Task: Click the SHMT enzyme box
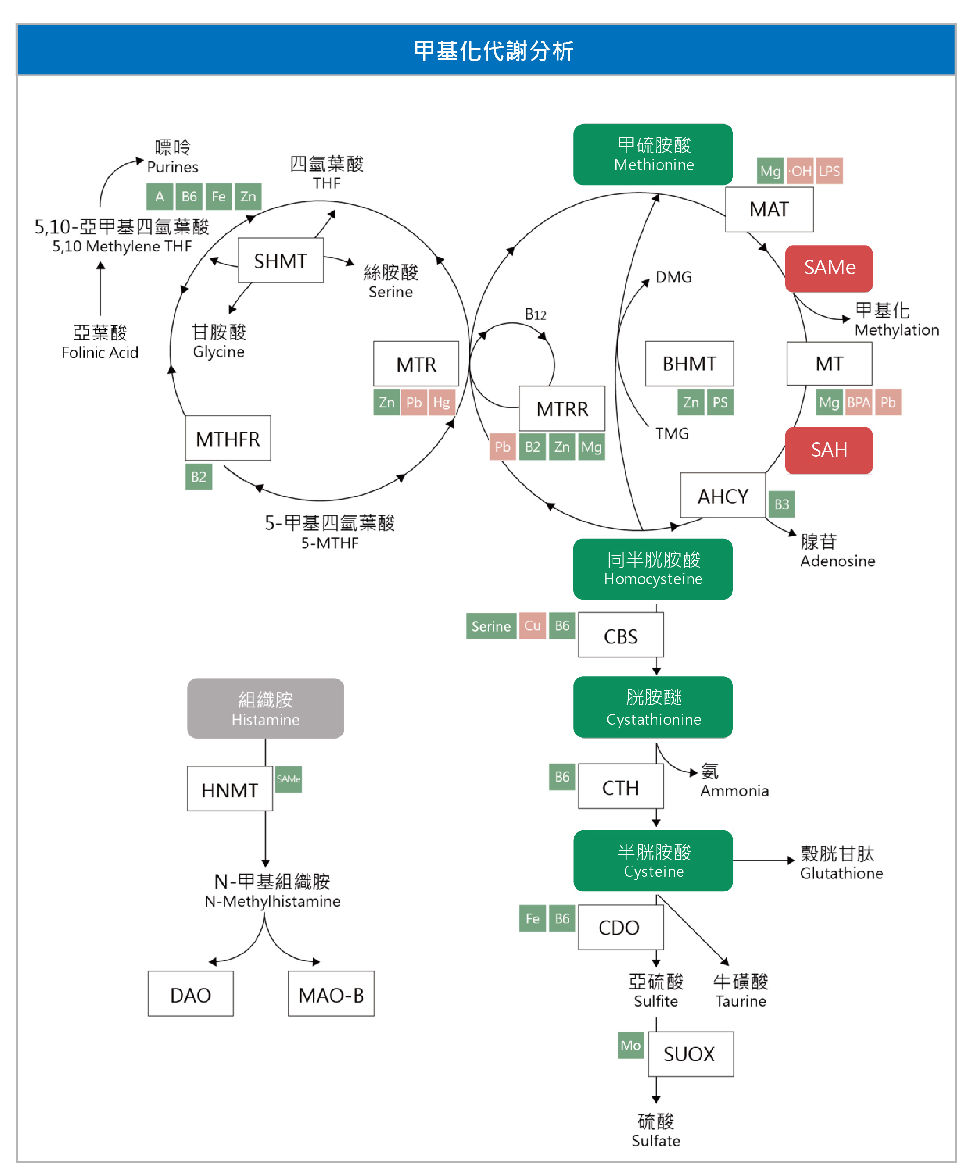[280, 260]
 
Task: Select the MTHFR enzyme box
[227, 439]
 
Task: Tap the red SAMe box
[829, 268]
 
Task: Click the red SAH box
[829, 450]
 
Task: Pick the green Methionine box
[653, 155]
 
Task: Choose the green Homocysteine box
[653, 569]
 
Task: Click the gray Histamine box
[265, 709]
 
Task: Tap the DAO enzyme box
[191, 994]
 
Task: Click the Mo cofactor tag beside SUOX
[630, 1045]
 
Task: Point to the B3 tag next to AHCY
[781, 504]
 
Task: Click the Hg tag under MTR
[441, 402]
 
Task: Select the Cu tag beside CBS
[532, 625]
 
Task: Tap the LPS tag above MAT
[829, 171]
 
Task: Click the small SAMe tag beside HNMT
[288, 779]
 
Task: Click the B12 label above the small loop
[535, 314]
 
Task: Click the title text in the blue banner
[494, 51]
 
